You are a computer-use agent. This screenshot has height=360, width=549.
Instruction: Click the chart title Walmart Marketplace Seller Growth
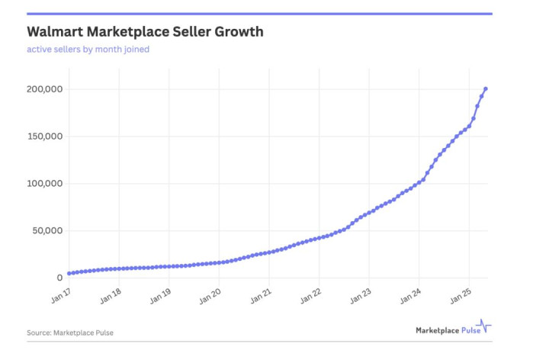click(145, 32)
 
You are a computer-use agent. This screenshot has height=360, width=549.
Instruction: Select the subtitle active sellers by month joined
click(88, 50)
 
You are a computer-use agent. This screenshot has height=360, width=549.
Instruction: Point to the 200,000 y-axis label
click(43, 89)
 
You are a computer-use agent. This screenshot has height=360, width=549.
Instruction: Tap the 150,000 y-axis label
click(43, 137)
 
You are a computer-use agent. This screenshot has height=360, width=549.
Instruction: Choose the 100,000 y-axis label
click(43, 184)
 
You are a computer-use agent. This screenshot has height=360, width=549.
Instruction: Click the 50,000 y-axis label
click(46, 230)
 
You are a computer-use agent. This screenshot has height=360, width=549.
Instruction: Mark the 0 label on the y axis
click(58, 278)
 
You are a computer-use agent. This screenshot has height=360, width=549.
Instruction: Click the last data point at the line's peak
click(486, 89)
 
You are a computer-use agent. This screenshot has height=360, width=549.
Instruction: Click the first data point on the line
click(69, 273)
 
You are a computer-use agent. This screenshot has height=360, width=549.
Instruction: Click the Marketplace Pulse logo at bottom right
click(453, 330)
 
